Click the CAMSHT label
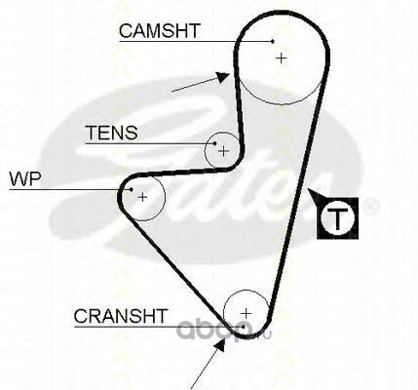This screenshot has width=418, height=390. (x=159, y=31)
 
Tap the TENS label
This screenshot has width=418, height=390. (x=111, y=133)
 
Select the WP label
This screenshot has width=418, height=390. (x=25, y=178)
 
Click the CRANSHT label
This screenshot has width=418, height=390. (x=121, y=316)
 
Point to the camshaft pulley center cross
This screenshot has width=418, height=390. (x=282, y=58)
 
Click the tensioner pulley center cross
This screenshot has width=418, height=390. (x=224, y=151)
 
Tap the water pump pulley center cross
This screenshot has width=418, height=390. (x=142, y=197)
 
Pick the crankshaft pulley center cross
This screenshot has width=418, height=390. (x=247, y=313)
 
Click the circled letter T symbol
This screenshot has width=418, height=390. (x=337, y=218)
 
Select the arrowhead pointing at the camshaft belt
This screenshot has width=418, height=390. (x=223, y=78)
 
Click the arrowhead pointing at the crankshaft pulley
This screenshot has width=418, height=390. (x=220, y=345)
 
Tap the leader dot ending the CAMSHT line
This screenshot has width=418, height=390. (x=273, y=41)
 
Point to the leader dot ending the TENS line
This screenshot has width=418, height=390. (x=214, y=143)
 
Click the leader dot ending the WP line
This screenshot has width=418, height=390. (x=132, y=189)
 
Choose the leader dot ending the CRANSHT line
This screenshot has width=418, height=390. (x=244, y=326)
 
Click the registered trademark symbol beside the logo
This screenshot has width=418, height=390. (x=370, y=206)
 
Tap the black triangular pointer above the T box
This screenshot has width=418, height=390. (x=316, y=195)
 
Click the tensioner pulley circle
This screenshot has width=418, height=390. (x=206, y=151)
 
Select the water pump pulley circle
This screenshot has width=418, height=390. (x=165, y=197)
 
